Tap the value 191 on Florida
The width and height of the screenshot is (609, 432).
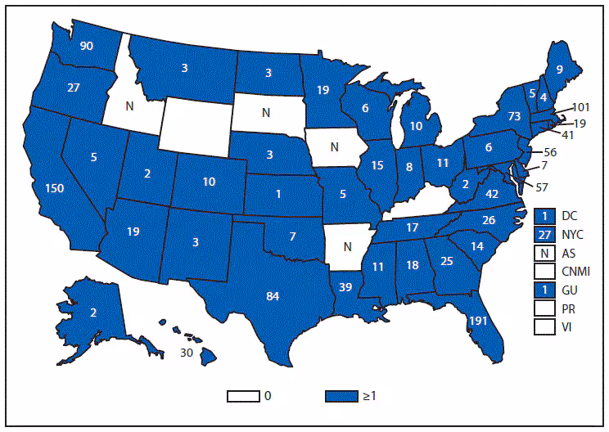[x=477, y=322]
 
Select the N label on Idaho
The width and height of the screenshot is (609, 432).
[x=131, y=106]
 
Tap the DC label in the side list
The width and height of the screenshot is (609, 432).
[x=569, y=215]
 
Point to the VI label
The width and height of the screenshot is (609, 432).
[x=567, y=327]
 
